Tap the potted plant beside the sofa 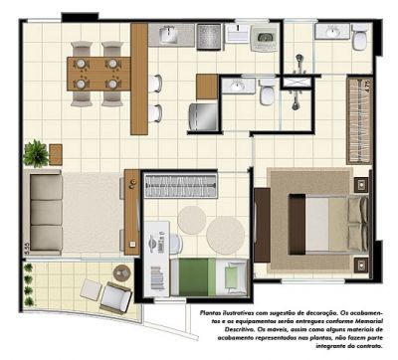pyautogui.click(x=38, y=153)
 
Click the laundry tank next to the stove pyautogui.click(x=264, y=41)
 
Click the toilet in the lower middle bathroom pyautogui.click(x=267, y=94)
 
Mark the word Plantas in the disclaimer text pyautogui.click(x=211, y=313)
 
